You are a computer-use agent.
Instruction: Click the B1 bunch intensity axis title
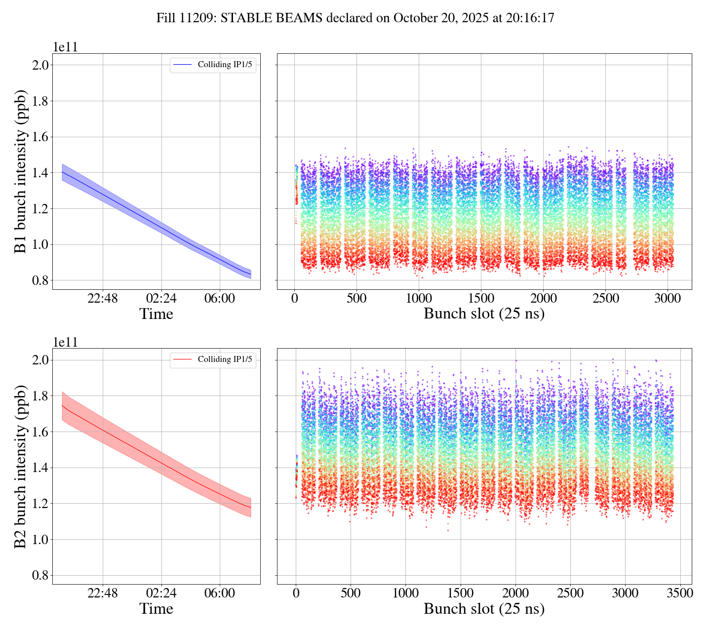coord(21,171)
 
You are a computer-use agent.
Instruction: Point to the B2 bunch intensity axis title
coord(21,466)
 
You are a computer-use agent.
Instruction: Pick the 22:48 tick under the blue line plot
coord(103,299)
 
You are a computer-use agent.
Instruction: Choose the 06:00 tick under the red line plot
coord(220,593)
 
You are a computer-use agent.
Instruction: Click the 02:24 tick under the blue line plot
coord(161,299)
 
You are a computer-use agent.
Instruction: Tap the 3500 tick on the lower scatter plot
coord(680,593)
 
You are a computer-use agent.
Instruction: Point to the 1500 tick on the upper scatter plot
coord(481,299)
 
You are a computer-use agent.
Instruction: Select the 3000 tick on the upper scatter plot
coord(668,299)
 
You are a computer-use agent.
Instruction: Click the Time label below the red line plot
coord(156,609)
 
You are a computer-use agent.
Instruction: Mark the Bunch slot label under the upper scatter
coord(484,314)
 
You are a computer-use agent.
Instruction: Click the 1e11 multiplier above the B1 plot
coord(65,47)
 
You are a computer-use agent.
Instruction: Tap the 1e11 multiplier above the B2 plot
coord(65,342)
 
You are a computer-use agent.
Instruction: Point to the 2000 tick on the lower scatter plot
coord(515,593)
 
